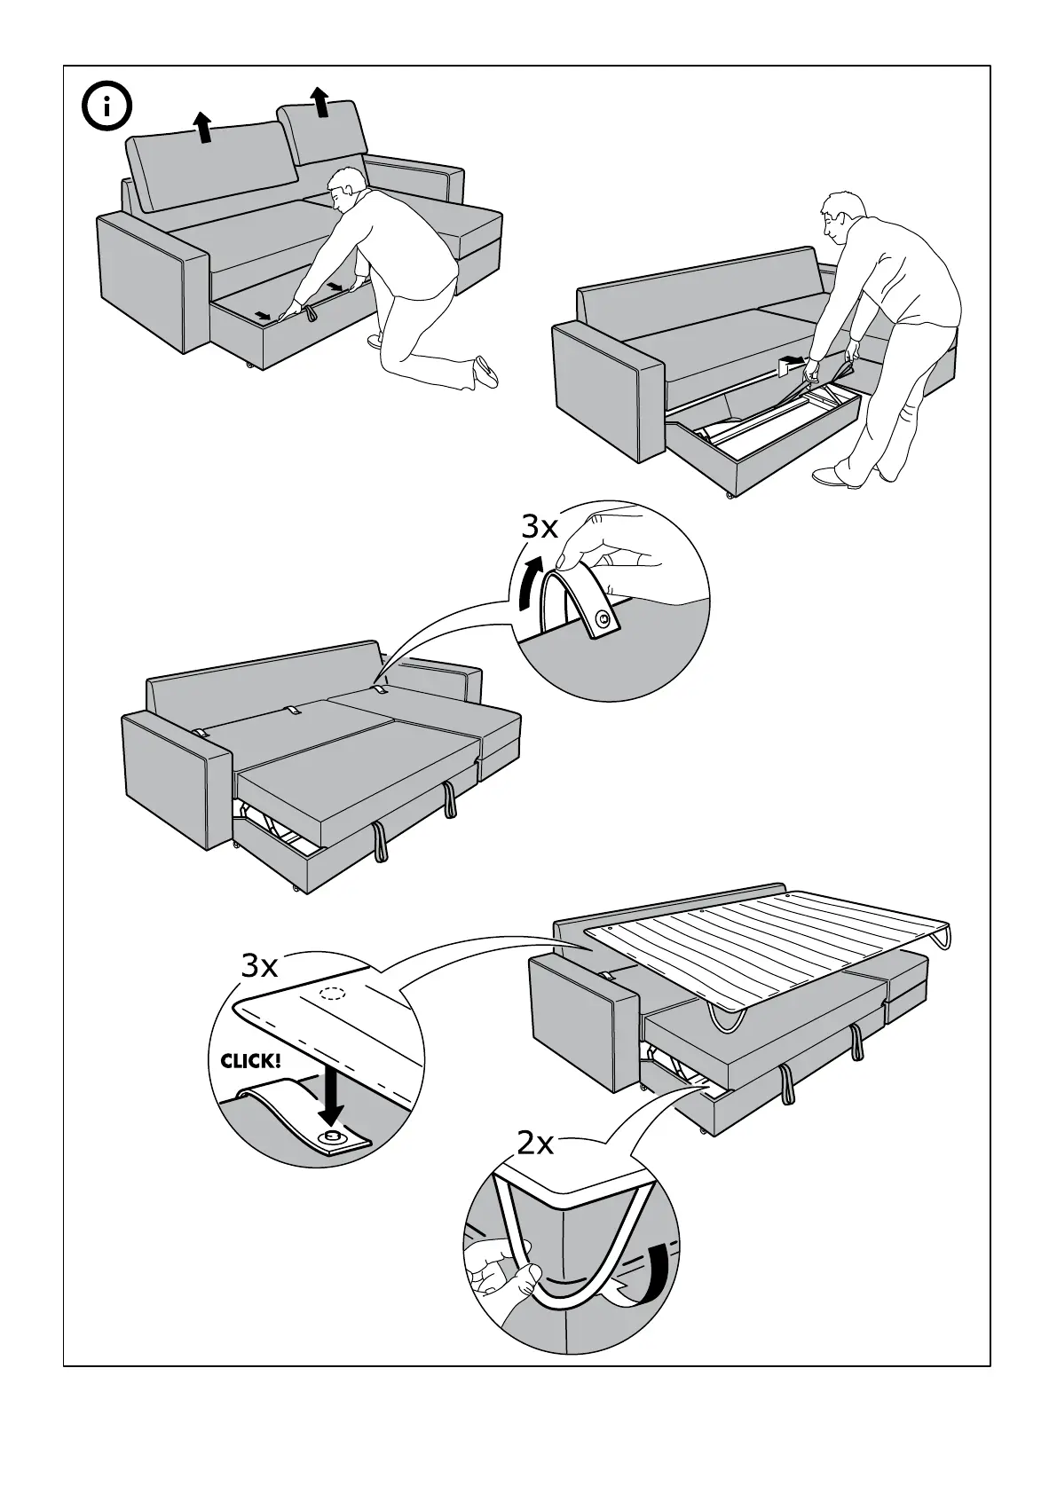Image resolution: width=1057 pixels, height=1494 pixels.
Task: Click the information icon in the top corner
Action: (x=106, y=108)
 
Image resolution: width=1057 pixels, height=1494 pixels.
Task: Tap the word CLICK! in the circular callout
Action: (x=251, y=1060)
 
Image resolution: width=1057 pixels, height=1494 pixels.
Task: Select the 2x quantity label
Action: (x=535, y=1144)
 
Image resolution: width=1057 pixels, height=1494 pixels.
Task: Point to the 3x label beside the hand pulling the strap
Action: (x=539, y=528)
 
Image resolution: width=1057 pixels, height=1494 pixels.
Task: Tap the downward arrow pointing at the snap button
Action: (x=331, y=1094)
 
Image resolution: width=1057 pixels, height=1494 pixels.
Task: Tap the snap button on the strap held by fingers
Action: (x=603, y=618)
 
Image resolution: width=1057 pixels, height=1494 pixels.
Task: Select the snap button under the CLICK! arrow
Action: (x=333, y=1136)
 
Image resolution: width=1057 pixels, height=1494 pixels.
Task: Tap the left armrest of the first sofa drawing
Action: (x=151, y=284)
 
